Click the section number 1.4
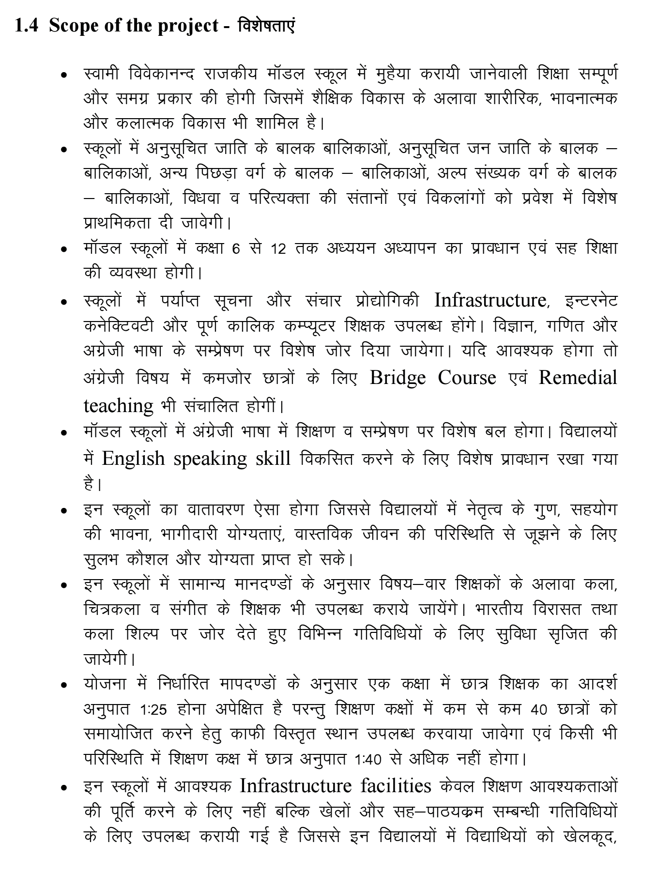(26, 26)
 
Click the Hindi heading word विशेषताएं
(266, 25)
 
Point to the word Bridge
(397, 378)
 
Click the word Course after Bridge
(467, 378)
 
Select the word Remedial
(578, 378)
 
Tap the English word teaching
(118, 405)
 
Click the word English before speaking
(133, 458)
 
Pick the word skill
(273, 458)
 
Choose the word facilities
(396, 785)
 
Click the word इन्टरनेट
(591, 301)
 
